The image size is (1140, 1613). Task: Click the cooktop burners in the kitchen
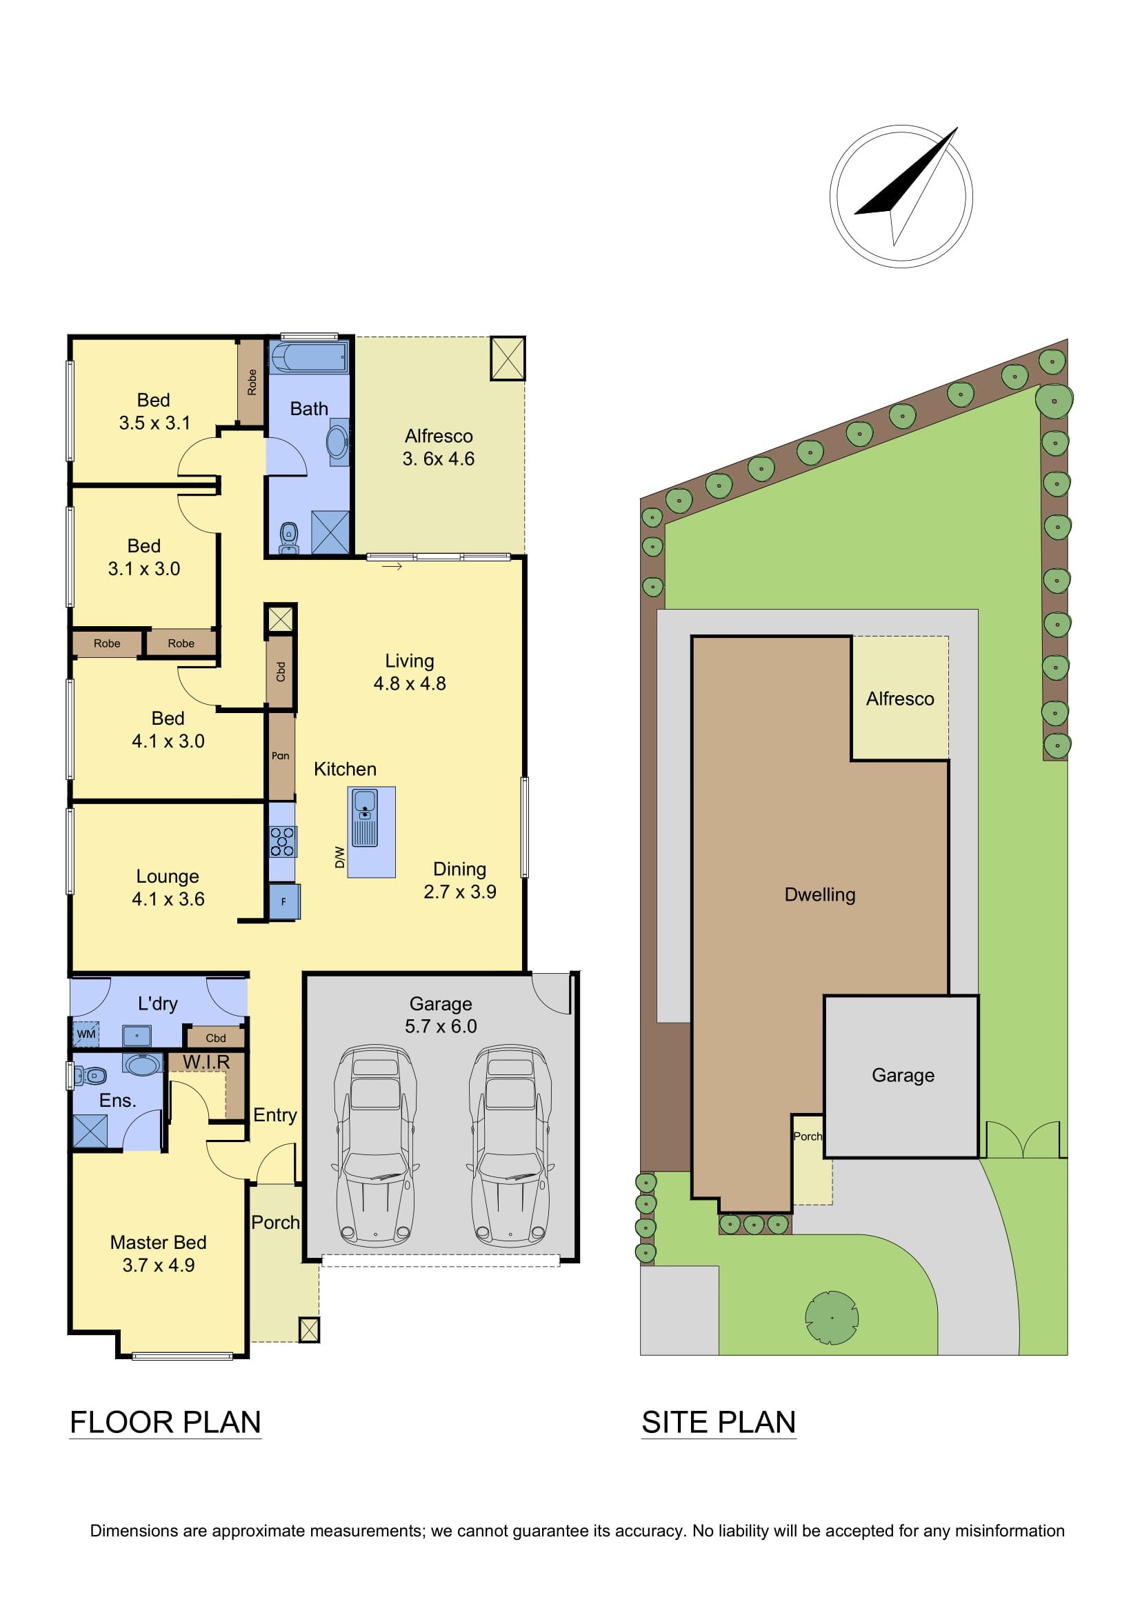click(x=283, y=841)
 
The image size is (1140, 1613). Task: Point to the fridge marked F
click(x=284, y=901)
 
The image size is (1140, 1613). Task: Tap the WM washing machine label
click(x=86, y=1034)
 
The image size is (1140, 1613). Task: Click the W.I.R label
click(x=206, y=1061)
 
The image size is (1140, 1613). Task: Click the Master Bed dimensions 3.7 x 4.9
click(x=159, y=1265)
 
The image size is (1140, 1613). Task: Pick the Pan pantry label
click(x=280, y=756)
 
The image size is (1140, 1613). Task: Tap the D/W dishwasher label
click(x=340, y=856)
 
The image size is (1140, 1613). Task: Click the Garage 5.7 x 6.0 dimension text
click(x=441, y=1026)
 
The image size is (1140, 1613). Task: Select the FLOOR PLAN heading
click(x=166, y=1422)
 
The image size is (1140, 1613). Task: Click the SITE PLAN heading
click(x=719, y=1422)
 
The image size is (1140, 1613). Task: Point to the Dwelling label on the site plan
click(x=820, y=895)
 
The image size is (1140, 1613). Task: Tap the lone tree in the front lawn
click(x=832, y=1317)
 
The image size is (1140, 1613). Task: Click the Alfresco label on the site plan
click(x=900, y=699)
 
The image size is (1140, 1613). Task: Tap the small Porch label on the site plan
click(x=808, y=1136)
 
